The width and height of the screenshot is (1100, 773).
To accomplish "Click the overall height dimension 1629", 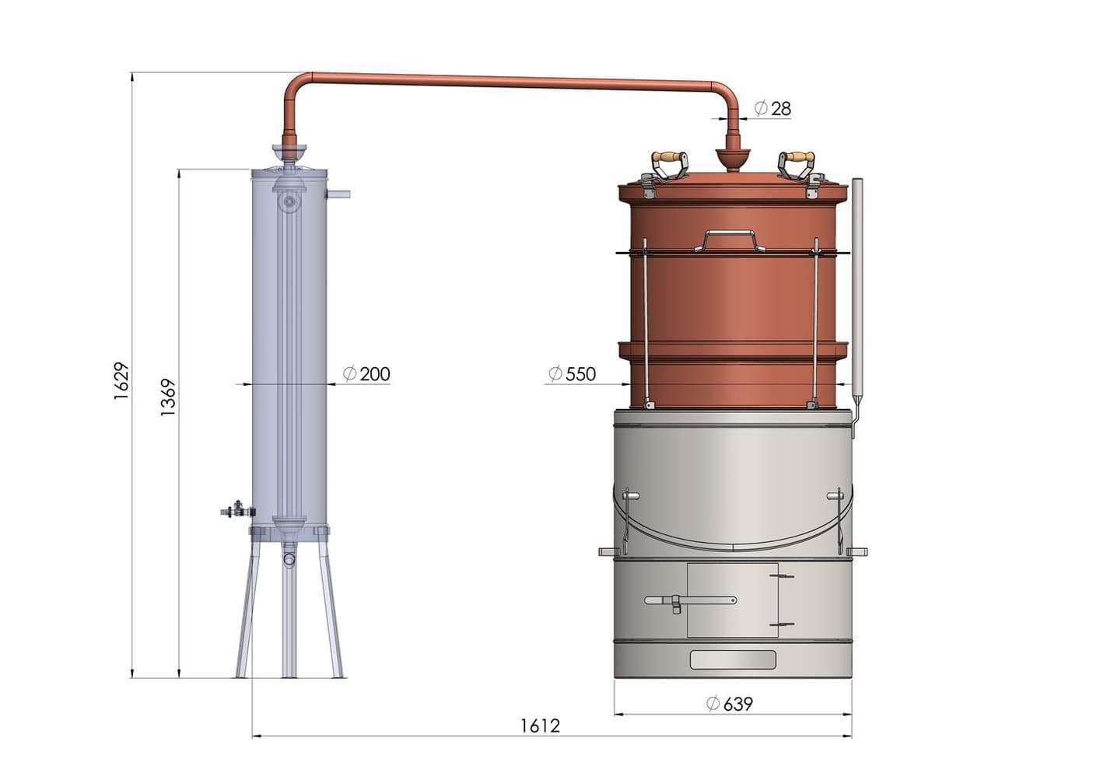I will pyautogui.click(x=121, y=381).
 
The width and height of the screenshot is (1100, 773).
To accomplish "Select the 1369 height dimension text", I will pyautogui.click(x=168, y=397).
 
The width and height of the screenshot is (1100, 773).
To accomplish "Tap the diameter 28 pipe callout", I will pyautogui.click(x=773, y=109).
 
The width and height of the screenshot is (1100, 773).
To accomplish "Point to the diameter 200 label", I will pyautogui.click(x=367, y=374).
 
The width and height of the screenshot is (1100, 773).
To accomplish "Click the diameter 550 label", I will pyautogui.click(x=573, y=374).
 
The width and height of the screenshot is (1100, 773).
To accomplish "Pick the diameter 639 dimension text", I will pyautogui.click(x=730, y=704).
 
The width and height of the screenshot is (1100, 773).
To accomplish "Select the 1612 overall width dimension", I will pyautogui.click(x=540, y=726).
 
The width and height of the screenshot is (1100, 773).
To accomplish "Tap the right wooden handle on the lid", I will pyautogui.click(x=797, y=158).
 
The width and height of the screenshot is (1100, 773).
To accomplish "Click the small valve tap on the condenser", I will pyautogui.click(x=236, y=511).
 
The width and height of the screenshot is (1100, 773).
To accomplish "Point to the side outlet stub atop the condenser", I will pyautogui.click(x=339, y=194).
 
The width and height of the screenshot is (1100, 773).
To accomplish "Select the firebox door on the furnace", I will pyautogui.click(x=732, y=600).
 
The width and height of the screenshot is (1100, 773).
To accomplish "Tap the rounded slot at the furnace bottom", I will pyautogui.click(x=733, y=660).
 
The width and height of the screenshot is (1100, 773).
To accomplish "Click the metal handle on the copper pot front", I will pyautogui.click(x=730, y=240).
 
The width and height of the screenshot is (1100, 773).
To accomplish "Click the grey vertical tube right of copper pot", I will pyautogui.click(x=857, y=288).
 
